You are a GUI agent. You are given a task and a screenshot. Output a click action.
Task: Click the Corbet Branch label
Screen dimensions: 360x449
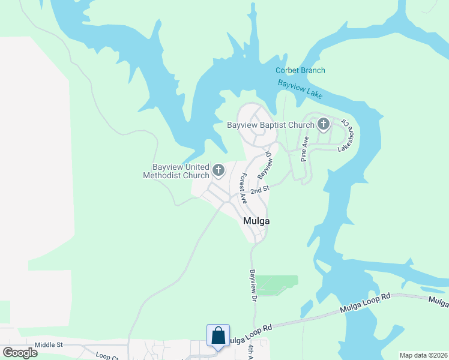pos(300,70)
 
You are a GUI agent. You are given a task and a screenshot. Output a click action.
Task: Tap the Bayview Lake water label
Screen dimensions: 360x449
pos(300,89)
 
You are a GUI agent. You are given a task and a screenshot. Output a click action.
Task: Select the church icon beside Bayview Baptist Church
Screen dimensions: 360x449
pos(324,124)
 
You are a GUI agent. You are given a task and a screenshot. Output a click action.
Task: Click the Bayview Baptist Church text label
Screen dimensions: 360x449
pos(271,125)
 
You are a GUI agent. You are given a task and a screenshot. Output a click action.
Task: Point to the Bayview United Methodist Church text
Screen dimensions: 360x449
pos(176,171)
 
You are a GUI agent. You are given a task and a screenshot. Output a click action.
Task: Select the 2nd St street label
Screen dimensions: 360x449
pos(259,190)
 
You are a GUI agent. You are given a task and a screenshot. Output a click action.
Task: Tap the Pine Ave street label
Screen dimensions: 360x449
pos(305,149)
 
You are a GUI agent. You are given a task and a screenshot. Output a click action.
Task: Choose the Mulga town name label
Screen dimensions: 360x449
pos(256,221)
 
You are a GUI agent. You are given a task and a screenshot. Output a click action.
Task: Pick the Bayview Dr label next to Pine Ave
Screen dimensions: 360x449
pos(265,163)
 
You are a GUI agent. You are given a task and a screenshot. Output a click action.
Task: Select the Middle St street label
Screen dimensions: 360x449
pos(49,344)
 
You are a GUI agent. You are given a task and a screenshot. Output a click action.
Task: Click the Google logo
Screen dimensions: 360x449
pos(20,352)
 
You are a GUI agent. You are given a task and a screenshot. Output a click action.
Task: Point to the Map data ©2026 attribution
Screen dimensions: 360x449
pos(423,355)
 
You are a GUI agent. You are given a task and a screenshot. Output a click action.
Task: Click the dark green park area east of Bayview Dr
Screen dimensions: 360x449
pos(277,284)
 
